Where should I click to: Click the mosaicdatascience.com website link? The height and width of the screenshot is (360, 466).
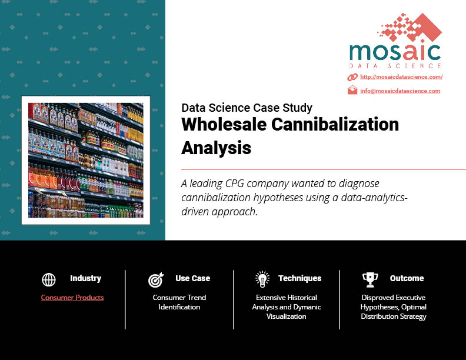tap(401, 77)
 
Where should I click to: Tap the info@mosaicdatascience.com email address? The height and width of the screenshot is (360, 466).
tap(400, 91)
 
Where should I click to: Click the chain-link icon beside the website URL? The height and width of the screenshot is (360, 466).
tap(352, 77)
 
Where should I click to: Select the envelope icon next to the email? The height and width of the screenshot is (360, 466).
tap(352, 90)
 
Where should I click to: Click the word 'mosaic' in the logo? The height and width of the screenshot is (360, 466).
tap(395, 52)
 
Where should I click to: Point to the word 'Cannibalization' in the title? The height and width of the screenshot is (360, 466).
tap(335, 124)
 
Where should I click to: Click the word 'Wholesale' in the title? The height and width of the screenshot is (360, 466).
tap(224, 124)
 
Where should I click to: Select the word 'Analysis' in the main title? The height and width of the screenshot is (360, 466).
tap(217, 148)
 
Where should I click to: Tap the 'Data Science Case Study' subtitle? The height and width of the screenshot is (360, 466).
tap(247, 108)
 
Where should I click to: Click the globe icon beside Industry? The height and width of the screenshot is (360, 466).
tap(49, 279)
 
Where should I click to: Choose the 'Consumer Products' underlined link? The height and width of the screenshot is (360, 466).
tap(72, 298)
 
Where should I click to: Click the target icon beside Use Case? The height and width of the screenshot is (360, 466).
tap(156, 280)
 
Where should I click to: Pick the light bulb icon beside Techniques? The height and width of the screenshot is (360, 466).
tap(262, 279)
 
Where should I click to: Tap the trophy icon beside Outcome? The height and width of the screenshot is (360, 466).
tap(370, 280)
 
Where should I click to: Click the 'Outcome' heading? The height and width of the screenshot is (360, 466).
tap(407, 278)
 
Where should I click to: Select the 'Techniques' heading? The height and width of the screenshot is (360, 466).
tap(300, 278)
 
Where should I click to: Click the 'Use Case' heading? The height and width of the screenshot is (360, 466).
tap(192, 278)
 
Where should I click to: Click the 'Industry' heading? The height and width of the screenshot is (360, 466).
tap(85, 278)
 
